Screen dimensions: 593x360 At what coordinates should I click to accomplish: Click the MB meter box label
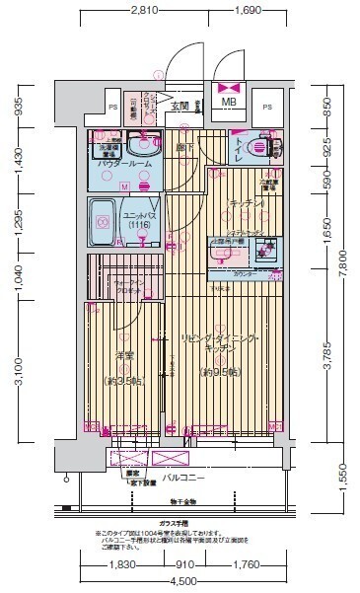pos(228,102)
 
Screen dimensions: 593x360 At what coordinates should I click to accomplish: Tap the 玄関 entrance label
pos(180,106)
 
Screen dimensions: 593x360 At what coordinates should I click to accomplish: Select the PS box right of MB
pos(266,107)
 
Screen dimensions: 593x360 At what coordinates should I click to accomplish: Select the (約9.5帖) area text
pos(219,371)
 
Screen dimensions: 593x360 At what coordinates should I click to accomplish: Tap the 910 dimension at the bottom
pos(184,565)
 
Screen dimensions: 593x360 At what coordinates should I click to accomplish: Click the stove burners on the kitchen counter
pos(261,250)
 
